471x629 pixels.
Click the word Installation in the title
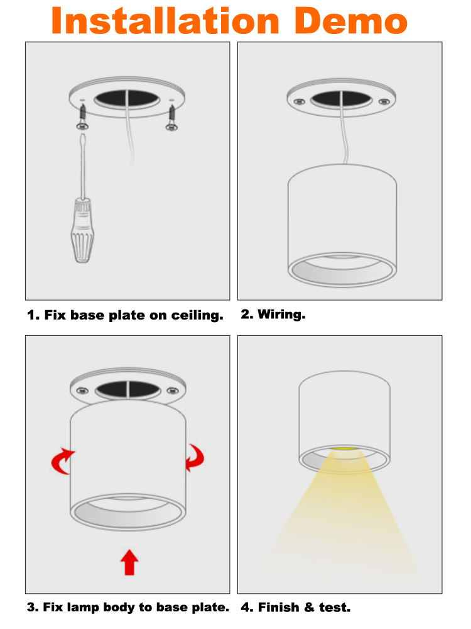(x=165, y=21)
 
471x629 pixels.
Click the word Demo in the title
(x=351, y=21)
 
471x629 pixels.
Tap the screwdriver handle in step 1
(x=82, y=231)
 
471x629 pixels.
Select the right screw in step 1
(x=172, y=118)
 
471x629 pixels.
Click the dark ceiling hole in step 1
(x=127, y=99)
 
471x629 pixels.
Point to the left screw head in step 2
(x=299, y=102)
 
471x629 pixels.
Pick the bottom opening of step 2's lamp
(x=342, y=270)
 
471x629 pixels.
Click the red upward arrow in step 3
(x=129, y=562)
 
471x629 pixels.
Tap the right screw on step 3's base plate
(x=173, y=390)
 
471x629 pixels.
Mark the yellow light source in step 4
(x=345, y=448)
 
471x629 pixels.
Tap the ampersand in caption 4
(x=309, y=608)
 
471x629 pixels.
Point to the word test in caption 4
(x=335, y=608)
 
